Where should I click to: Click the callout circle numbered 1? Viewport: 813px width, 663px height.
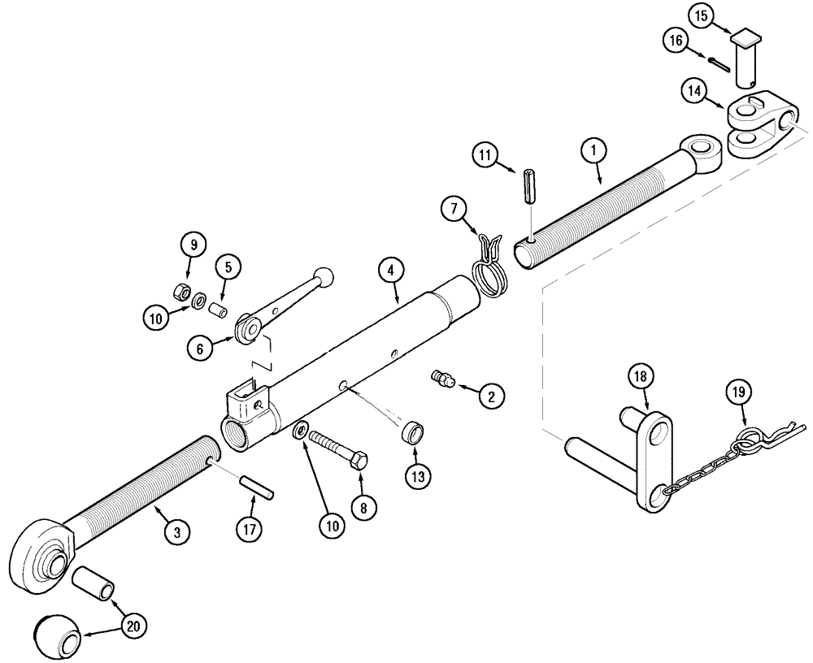[594, 150]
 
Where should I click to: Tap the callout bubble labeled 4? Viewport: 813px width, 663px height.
[389, 270]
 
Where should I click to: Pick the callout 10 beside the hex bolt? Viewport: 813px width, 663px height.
[332, 526]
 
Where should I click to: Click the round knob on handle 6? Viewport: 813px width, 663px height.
[323, 275]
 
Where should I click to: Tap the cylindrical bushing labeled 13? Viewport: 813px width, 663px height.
[413, 432]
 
